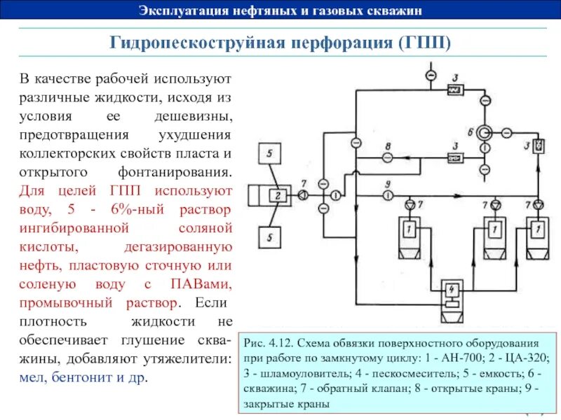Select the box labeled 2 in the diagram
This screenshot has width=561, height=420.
pyautogui.click(x=278, y=195)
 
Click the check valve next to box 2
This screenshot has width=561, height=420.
pyautogui.click(x=302, y=195)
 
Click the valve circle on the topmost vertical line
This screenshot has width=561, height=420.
pyautogui.click(x=431, y=75)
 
